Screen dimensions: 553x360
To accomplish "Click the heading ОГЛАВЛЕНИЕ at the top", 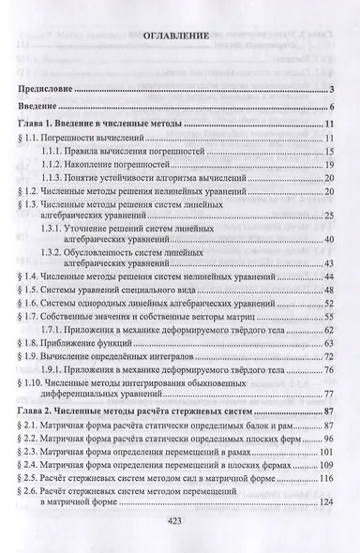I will pos(181,37).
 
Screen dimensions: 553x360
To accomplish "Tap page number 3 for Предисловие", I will pos(332,89).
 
